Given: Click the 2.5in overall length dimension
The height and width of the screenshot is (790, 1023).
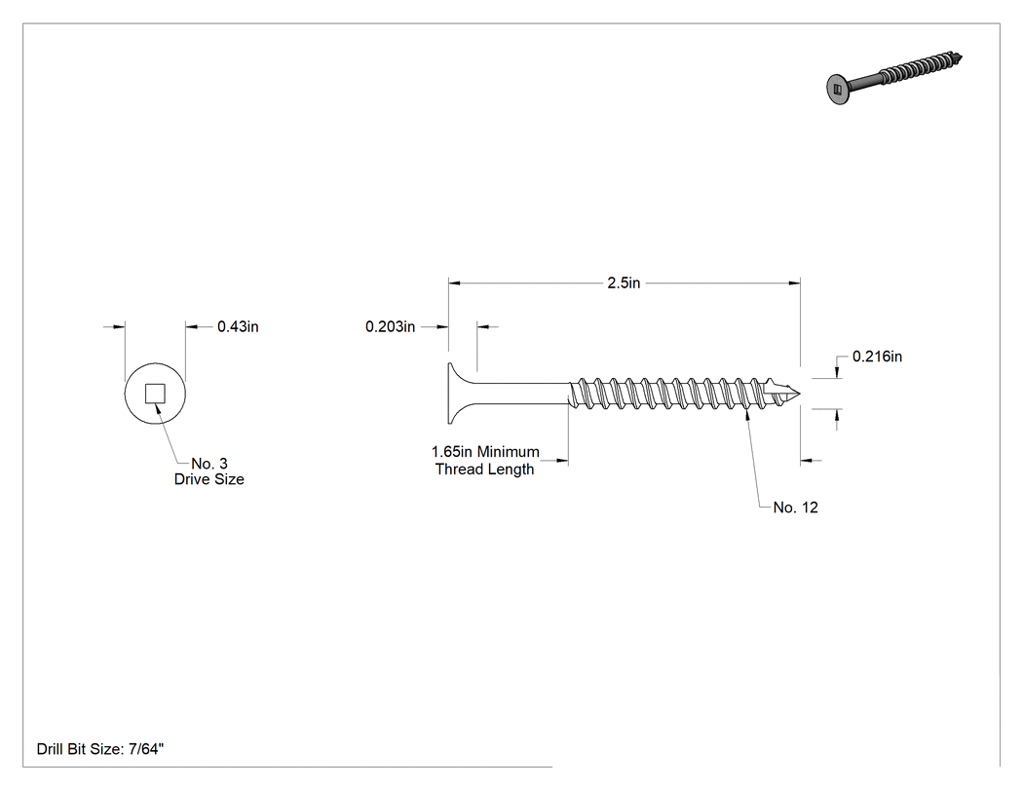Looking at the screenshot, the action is pyautogui.click(x=624, y=283).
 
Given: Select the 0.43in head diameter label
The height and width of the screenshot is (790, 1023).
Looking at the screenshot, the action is pyautogui.click(x=238, y=327).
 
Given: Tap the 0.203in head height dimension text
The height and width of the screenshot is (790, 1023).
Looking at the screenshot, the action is pyautogui.click(x=390, y=327).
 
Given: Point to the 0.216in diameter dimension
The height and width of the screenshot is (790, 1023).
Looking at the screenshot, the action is pyautogui.click(x=878, y=357).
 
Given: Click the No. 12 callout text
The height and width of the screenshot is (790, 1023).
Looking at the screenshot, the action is pyautogui.click(x=795, y=508).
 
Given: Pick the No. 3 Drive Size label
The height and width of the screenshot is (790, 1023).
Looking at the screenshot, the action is pyautogui.click(x=208, y=471).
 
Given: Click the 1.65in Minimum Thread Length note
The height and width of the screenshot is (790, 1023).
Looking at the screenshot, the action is pyautogui.click(x=485, y=461).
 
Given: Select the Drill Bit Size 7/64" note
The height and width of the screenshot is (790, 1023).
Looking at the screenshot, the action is pyautogui.click(x=99, y=749).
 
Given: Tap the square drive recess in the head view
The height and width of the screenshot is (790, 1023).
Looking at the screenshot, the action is pyautogui.click(x=155, y=394).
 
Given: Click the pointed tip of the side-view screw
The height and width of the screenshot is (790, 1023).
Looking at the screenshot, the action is pyautogui.click(x=799, y=394).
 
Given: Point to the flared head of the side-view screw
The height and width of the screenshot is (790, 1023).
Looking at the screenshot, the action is pyautogui.click(x=460, y=394).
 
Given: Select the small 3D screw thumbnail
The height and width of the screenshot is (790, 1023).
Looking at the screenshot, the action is pyautogui.click(x=894, y=78).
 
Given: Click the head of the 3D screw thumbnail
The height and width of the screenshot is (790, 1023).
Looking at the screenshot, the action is pyautogui.click(x=838, y=90).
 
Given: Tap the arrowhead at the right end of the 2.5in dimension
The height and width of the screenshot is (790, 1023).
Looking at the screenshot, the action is pyautogui.click(x=794, y=283).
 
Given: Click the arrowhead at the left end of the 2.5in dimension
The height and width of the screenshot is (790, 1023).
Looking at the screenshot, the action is pyautogui.click(x=454, y=283).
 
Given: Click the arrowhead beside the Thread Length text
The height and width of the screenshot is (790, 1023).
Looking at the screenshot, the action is pyautogui.click(x=562, y=461).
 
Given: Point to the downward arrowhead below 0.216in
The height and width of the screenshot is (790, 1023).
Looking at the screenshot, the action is pyautogui.click(x=837, y=372).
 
